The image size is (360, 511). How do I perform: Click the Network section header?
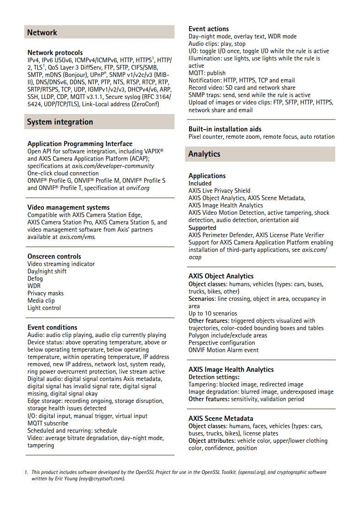click(x=42, y=33)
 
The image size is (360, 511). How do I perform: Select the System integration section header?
click(x=60, y=122)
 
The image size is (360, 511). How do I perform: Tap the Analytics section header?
click(x=204, y=154)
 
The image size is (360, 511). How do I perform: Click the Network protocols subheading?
click(x=55, y=53)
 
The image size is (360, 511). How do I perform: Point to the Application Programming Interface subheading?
click(x=80, y=144)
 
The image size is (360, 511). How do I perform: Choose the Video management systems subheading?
click(x=68, y=207)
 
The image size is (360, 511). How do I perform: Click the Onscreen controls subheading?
click(x=54, y=256)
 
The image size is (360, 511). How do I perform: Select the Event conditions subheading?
click(x=52, y=327)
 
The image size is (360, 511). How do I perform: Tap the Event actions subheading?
click(x=208, y=29)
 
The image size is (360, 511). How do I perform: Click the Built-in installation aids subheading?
click(x=225, y=129)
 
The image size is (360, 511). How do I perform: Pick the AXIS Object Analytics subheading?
click(x=221, y=276)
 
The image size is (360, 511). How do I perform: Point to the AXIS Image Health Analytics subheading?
click(x=231, y=370)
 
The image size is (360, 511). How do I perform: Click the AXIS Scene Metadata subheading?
click(x=221, y=419)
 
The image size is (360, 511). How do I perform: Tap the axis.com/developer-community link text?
click(x=114, y=166)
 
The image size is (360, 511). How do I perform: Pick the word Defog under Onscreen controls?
click(x=35, y=278)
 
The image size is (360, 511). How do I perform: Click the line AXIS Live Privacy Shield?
click(x=219, y=190)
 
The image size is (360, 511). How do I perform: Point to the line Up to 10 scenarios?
click(x=213, y=313)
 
